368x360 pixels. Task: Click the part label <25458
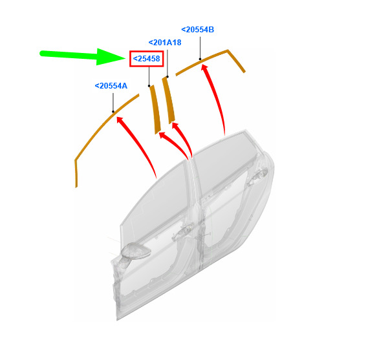tap(146, 59)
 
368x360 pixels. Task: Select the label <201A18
tap(165, 43)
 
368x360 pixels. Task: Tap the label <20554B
tap(198, 30)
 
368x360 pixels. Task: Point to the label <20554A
tap(111, 86)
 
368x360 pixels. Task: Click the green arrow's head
tap(111, 57)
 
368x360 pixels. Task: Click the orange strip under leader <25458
tap(155, 109)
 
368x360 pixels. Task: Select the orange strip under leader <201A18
tap(169, 100)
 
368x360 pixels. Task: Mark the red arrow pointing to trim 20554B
tap(217, 98)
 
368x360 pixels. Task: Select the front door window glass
tap(155, 202)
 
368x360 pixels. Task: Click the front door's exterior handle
tap(184, 230)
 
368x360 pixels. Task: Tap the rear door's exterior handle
tap(258, 175)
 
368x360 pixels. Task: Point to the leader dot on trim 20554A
tap(113, 112)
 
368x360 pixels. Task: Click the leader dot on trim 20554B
tap(200, 59)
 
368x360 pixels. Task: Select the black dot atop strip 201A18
tap(168, 77)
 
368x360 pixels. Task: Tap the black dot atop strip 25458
tap(149, 86)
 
